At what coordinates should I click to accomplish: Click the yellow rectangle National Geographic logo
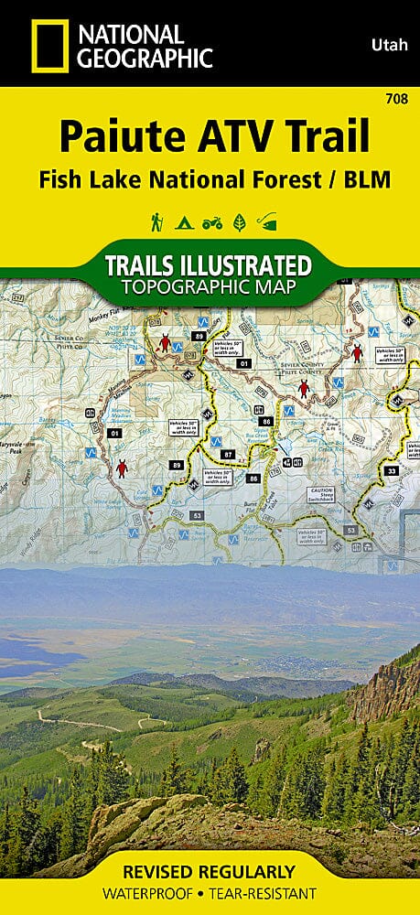coord(40,47)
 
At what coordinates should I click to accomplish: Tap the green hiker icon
coord(157,221)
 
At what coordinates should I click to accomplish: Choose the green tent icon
coord(183,221)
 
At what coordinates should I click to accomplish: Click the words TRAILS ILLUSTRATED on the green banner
coord(209,267)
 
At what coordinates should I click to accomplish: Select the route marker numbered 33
coord(391,470)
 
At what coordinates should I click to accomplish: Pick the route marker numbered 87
coord(229,455)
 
